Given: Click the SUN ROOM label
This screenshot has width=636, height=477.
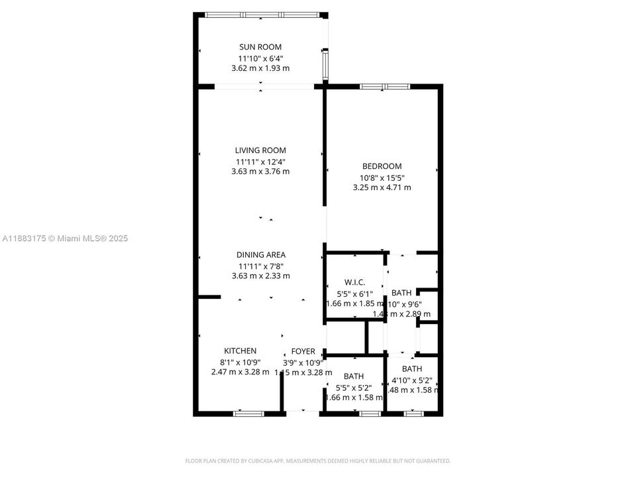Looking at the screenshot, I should tap(260, 47).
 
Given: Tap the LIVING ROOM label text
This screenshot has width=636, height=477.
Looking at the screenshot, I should tap(260, 150).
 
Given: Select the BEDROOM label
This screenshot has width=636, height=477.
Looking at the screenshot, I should tap(382, 166).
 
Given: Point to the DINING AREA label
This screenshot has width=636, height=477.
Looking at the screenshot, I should tap(260, 254).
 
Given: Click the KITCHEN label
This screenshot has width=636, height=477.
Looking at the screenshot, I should tap(240, 350).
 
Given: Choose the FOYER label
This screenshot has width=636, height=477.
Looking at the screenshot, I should tap(303, 351).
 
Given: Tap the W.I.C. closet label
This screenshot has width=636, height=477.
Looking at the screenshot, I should tap(354, 282).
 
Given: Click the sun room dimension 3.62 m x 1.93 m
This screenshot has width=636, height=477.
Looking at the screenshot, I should tap(260, 68).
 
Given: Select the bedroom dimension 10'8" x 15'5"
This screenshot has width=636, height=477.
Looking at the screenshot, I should tap(382, 177).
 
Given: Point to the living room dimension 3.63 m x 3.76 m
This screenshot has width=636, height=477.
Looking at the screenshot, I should tap(260, 172).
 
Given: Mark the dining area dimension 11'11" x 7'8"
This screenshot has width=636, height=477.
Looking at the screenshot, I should tap(260, 265).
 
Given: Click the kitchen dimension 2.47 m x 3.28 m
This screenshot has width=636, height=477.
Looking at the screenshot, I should tap(240, 372).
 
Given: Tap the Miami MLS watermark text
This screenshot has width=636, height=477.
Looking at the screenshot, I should tap(65, 238).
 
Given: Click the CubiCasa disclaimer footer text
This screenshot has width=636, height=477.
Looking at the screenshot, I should tap(317, 460).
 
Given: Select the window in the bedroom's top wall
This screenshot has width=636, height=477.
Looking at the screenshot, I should tap(385, 86).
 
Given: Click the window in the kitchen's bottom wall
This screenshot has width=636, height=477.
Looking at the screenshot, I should tap(248, 414).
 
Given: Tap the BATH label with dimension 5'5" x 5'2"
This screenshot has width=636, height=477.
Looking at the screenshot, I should tap(353, 376).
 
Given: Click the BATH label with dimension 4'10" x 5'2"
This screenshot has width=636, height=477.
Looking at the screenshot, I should tap(412, 369).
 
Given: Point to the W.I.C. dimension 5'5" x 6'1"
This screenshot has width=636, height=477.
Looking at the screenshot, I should tap(354, 293).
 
